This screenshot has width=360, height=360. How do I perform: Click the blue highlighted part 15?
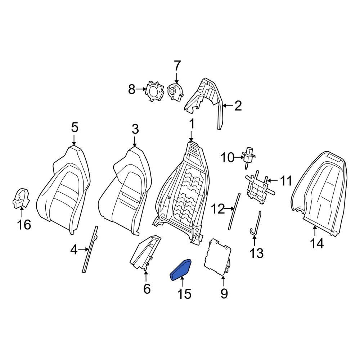(x=181, y=270)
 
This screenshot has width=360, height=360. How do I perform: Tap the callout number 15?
(x=184, y=294)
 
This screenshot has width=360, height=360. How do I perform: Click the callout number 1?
(x=192, y=124)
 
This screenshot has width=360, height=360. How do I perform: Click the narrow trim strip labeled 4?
(x=91, y=248)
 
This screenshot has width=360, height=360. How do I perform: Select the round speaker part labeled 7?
(x=174, y=92)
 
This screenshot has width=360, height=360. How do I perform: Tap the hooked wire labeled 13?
(x=256, y=225)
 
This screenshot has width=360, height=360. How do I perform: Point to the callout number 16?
(x=24, y=225)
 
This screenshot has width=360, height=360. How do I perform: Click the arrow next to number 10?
(x=239, y=157)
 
